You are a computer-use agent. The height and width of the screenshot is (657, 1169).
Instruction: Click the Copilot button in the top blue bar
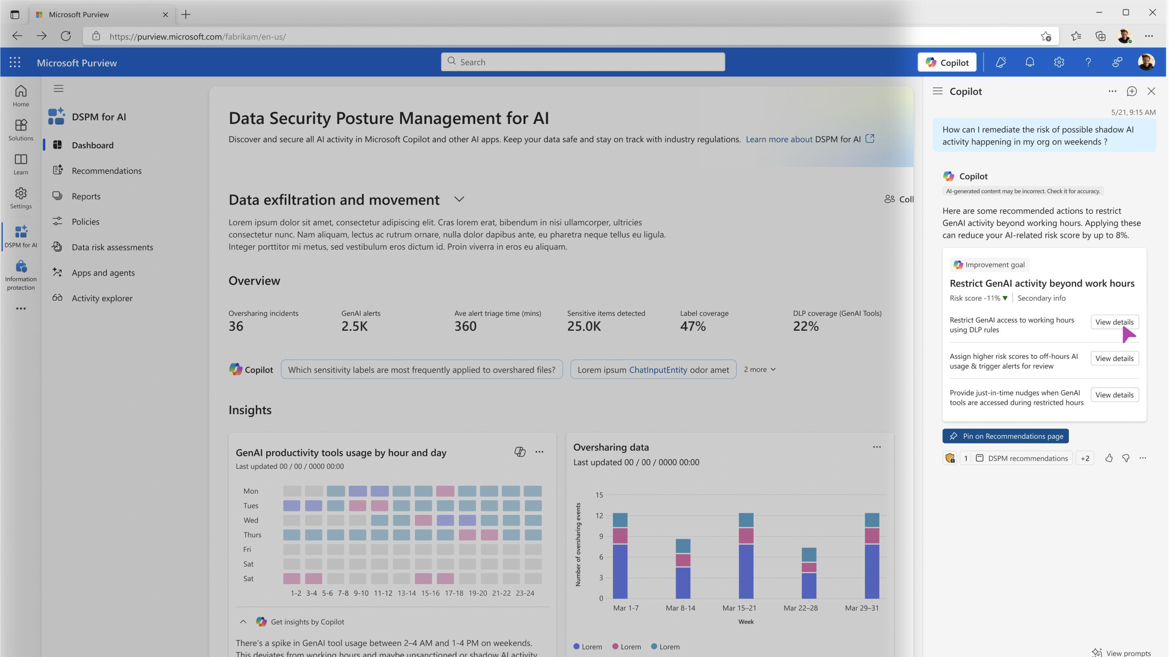(947, 62)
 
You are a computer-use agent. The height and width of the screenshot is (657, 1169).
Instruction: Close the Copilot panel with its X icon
(1151, 91)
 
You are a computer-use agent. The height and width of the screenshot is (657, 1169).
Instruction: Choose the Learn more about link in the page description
(779, 139)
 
